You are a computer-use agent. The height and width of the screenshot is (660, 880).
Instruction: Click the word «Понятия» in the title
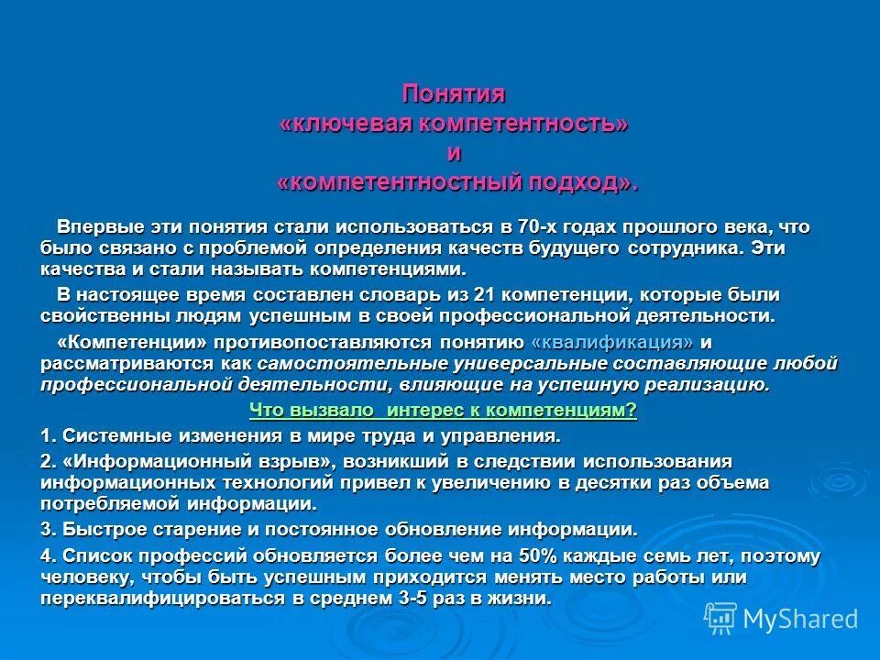pos(454,94)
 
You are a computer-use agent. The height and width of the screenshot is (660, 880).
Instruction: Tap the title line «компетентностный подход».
pos(456,182)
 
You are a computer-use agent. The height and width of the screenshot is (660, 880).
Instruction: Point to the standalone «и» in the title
pos(454,153)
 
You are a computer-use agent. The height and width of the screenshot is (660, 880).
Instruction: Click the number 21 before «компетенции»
pos(486,295)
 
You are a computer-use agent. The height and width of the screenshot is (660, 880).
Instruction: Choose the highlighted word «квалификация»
pos(612,342)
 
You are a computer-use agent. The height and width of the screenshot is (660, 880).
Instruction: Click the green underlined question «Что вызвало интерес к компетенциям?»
pos(444,411)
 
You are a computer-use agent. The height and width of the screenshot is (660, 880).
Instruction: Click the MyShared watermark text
pos(800,619)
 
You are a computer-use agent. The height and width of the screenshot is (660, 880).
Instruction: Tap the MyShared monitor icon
pos(720,619)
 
